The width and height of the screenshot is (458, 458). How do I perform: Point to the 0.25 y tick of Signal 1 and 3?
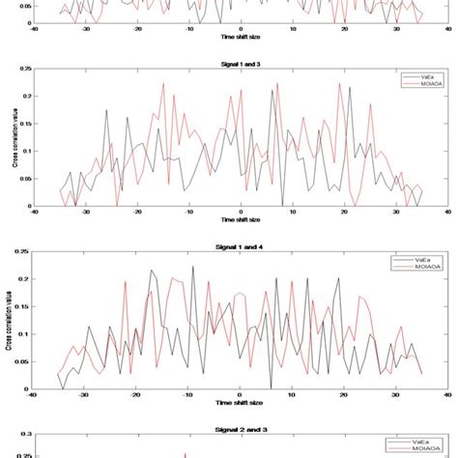click(24, 70)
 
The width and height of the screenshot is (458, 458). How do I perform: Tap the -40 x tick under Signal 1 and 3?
click(33, 214)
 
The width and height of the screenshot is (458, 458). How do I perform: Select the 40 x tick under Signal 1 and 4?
click(446, 395)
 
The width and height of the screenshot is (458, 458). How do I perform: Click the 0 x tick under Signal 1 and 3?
click(241, 214)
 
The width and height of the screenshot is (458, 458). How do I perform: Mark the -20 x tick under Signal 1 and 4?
click(136, 395)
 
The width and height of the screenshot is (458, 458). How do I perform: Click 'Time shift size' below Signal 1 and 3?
click(241, 220)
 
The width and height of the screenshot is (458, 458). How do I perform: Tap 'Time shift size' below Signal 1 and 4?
click(241, 402)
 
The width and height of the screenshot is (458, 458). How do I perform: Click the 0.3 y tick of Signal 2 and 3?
click(25, 436)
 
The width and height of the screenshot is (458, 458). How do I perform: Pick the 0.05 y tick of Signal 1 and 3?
click(24, 179)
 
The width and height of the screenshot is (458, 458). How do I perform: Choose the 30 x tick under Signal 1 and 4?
click(395, 395)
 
